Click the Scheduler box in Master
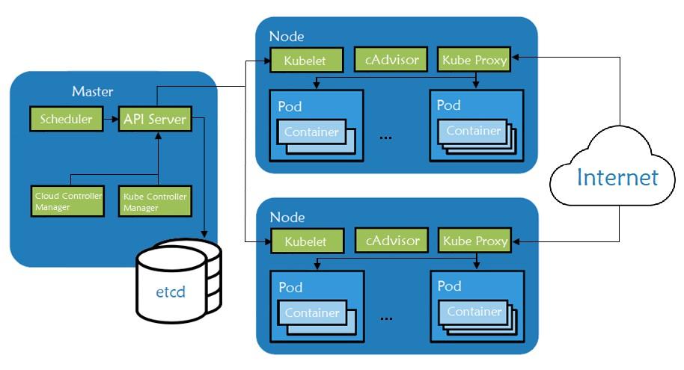pos(65,118)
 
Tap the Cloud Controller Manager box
pos(68,201)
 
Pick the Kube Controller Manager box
pos(154,201)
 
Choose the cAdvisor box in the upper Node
pos(392,58)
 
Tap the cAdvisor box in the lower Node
pos(392,240)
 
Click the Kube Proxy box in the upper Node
pos(474,59)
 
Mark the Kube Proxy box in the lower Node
pos(474,241)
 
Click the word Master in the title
pos(93,92)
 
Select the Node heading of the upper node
pos(287,36)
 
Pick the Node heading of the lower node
pos(287,217)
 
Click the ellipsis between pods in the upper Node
pos(387,138)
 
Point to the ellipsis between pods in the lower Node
pos(387,318)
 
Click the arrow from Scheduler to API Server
pos(109,118)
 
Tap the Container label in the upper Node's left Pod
pos(311,132)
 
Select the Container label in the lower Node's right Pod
pos(473,312)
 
